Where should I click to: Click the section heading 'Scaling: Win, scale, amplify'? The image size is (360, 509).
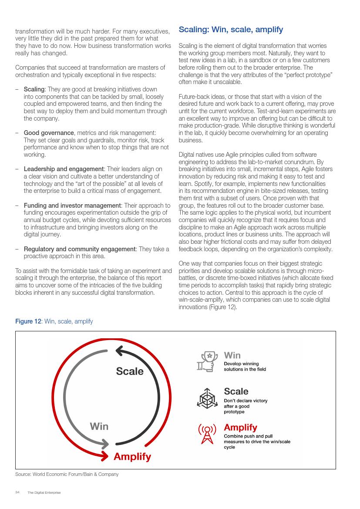(x=231, y=30)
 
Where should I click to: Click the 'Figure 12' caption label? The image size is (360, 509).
(x=28, y=321)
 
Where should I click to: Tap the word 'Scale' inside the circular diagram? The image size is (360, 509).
(x=129, y=371)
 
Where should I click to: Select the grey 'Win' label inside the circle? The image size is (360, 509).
(x=99, y=426)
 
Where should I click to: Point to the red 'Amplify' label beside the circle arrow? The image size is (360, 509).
(x=132, y=457)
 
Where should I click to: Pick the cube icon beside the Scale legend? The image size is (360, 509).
(x=208, y=398)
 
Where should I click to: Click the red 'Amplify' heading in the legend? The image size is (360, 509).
(x=240, y=427)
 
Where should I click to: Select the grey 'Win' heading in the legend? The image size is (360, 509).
(x=232, y=355)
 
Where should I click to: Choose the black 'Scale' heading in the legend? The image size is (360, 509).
(x=236, y=391)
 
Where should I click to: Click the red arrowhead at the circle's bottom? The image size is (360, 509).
(x=104, y=456)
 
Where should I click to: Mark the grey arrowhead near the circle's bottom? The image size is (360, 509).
(x=105, y=444)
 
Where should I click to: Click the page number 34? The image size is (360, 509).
(x=17, y=492)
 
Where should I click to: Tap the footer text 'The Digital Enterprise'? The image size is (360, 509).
(x=44, y=492)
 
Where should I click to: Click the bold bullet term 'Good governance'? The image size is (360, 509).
(x=49, y=133)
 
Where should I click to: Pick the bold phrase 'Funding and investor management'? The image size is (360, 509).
(x=72, y=206)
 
